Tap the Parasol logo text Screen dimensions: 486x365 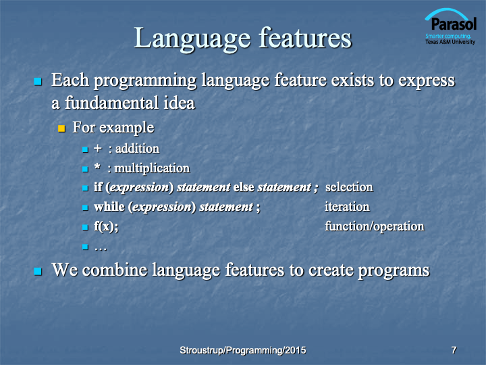(x=454, y=24)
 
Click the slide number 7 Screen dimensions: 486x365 (x=454, y=350)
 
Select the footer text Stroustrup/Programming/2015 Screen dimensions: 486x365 (x=243, y=350)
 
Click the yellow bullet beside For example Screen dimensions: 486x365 (x=61, y=128)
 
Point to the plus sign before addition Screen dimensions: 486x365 (x=98, y=149)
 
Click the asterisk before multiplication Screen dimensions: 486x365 (x=97, y=167)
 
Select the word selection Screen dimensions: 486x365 (x=349, y=187)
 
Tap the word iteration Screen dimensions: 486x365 (x=347, y=207)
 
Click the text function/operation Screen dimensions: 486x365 (x=375, y=226)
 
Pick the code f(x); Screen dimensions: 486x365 (x=106, y=226)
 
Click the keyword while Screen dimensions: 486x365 (x=109, y=207)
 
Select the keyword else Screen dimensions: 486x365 (x=244, y=187)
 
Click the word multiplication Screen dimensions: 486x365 (x=152, y=168)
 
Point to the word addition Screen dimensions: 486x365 (x=137, y=149)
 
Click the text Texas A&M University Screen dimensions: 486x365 (x=450, y=42)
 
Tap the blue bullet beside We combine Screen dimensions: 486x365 (x=38, y=271)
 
